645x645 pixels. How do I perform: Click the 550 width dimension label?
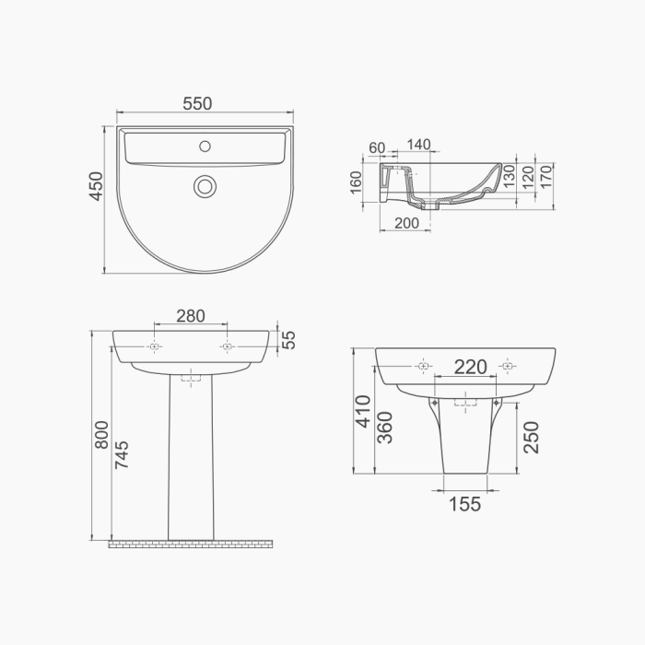197,103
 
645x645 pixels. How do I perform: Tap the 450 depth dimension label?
96,186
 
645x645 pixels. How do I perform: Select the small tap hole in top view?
205,146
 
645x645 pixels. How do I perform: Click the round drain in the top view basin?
205,186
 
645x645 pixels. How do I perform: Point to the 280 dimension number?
191,316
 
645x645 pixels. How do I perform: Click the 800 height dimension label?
101,434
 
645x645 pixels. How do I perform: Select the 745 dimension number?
122,454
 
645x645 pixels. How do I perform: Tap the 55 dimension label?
289,340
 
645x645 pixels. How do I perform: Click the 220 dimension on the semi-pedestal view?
471,367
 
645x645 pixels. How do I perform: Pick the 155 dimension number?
464,504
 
